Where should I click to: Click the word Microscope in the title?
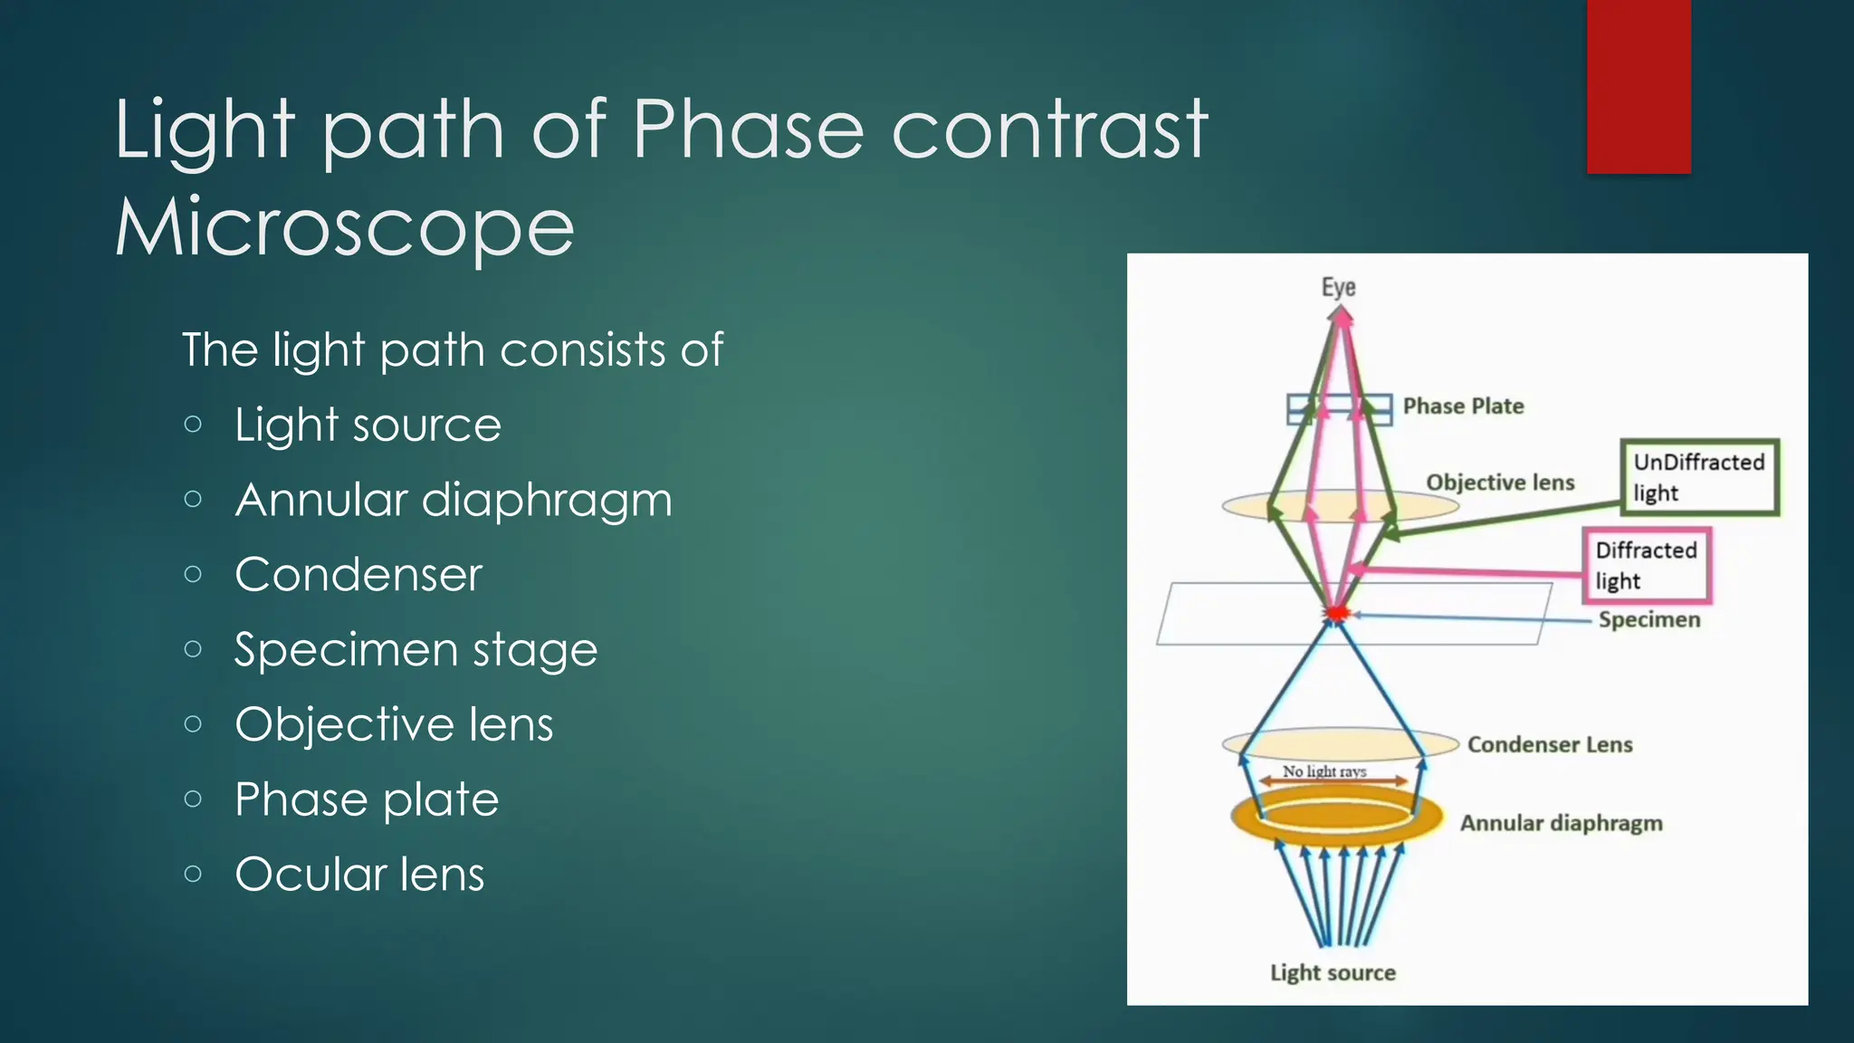coord(344,228)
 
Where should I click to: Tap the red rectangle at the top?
coord(1638,86)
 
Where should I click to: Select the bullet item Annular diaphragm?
coord(453,500)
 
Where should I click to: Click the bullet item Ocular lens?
coord(359,875)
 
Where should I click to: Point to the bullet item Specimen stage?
coord(416,650)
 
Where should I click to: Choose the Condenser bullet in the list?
coord(358,575)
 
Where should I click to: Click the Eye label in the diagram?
coord(1338,288)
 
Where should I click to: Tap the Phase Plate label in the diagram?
coord(1463,407)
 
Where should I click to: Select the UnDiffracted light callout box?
coord(1699,477)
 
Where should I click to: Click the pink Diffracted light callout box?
coord(1646,565)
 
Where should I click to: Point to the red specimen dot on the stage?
coord(1336,614)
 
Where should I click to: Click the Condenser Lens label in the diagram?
coord(1549,744)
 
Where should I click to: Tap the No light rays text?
coord(1324,770)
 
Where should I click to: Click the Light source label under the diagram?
coord(1333,972)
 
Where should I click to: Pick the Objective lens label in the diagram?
coord(1500,483)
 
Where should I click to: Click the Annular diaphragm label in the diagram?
coord(1561,823)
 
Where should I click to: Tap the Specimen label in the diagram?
coord(1649,620)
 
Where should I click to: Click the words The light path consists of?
coord(452,350)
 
